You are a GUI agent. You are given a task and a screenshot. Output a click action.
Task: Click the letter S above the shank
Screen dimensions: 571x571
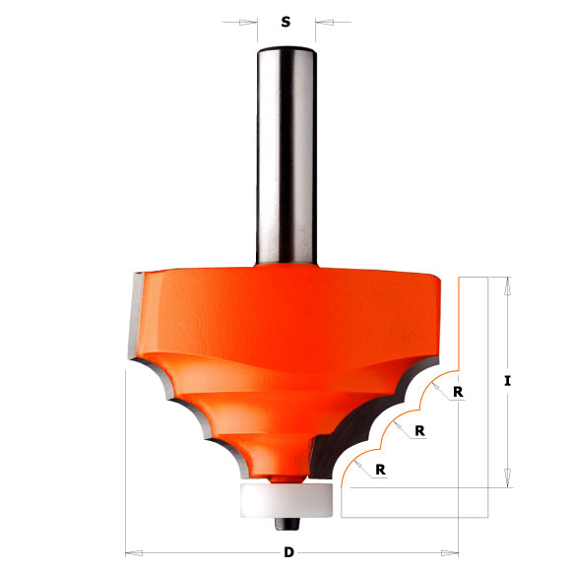[285, 21]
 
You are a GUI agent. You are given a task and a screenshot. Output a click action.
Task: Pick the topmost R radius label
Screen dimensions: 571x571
[459, 391]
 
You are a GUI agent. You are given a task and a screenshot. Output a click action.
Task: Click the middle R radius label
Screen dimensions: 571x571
[419, 430]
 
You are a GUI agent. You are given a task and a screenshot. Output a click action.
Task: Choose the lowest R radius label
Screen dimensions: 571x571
[379, 470]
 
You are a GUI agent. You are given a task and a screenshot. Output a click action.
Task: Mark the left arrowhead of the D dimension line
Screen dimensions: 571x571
[132, 552]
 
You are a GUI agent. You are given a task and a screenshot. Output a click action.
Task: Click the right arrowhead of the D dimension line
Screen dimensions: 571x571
[453, 552]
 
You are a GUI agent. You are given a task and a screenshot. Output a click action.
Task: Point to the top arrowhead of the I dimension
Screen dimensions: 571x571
[506, 285]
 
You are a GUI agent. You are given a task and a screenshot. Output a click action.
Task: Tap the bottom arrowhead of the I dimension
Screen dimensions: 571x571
[506, 478]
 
